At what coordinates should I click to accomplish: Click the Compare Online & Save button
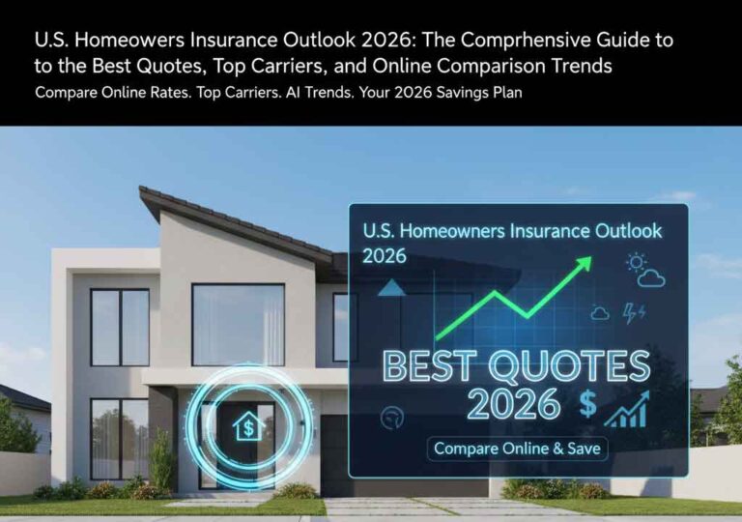[x=517, y=449]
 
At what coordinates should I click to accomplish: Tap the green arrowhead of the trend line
[x=583, y=264]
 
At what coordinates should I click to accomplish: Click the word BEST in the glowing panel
[x=435, y=367]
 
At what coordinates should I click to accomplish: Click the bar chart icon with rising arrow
[x=626, y=410]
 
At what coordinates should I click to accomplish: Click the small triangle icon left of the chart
[x=390, y=287]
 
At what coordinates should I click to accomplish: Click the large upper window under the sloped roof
[x=238, y=324]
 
